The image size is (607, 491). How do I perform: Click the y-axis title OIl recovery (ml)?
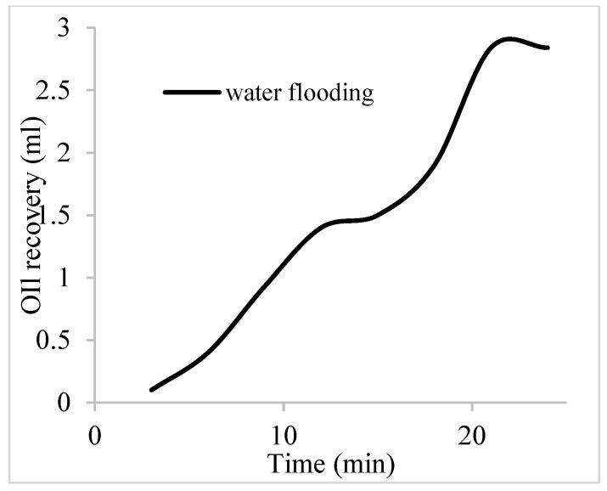click(34, 229)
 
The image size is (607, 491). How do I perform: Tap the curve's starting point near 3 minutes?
click(152, 389)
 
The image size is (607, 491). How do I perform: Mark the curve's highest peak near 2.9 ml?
click(509, 39)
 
